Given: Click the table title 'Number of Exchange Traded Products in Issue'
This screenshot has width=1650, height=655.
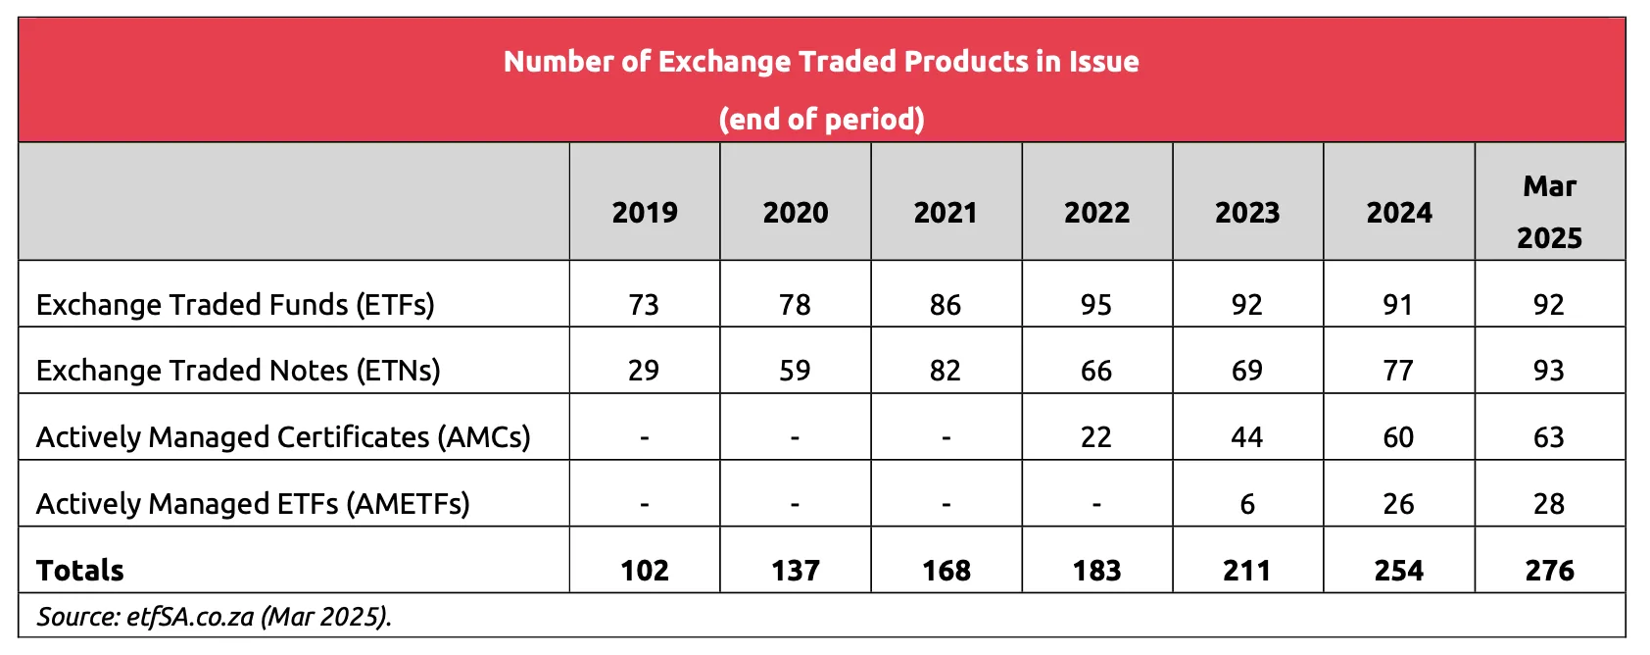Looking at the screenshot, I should [821, 62].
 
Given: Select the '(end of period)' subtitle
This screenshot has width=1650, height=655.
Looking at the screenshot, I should [821, 119].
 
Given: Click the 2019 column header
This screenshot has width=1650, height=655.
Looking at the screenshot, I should [645, 213].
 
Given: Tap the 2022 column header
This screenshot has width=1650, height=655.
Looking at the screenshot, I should [1096, 213].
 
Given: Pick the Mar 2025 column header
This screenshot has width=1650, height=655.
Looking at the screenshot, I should [1549, 212].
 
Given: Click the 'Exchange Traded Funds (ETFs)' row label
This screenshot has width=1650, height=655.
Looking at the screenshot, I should [235, 305].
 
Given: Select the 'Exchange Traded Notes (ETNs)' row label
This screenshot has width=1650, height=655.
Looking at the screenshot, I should [238, 371].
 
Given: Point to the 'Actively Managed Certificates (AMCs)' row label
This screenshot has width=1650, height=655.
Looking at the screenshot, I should [283, 437].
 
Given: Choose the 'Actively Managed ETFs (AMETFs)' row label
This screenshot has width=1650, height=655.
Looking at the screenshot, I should [253, 504].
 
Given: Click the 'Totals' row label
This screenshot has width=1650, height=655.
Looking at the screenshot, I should [80, 571].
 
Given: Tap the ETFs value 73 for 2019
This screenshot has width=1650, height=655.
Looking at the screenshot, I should [644, 305].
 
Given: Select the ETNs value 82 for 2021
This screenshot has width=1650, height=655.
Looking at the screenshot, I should [946, 371].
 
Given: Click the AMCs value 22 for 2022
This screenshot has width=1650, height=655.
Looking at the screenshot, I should [1096, 437].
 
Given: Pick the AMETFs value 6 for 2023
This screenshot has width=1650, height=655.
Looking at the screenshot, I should [1247, 504].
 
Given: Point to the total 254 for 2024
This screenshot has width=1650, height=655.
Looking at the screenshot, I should [1398, 571].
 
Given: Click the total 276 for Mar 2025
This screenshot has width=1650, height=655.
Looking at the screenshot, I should [1549, 571].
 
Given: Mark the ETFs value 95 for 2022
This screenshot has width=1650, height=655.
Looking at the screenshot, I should [1096, 305].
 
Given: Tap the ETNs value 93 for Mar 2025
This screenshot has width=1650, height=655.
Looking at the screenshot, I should [1549, 371].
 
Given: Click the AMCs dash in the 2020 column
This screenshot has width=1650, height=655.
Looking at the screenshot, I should [795, 437].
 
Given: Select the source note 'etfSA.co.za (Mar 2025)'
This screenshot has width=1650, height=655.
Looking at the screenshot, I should [215, 617].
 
